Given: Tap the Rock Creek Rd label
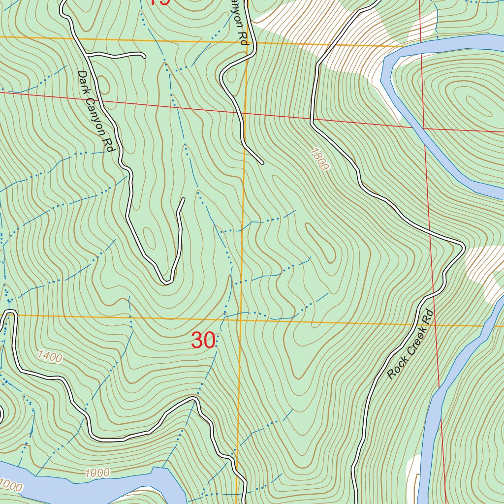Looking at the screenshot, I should [x=409, y=345].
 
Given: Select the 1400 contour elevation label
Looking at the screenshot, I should [x=50, y=356].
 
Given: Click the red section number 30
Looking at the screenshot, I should [x=203, y=341].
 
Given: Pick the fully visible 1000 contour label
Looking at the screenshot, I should [x=96, y=473].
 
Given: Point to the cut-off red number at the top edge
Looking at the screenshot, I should [x=160, y=2].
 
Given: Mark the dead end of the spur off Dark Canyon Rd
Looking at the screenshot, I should [x=144, y=57].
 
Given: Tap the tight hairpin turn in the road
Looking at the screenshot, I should [x=167, y=282].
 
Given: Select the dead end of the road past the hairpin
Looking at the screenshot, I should [x=183, y=199].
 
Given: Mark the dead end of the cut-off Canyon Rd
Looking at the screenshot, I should [x=262, y=162].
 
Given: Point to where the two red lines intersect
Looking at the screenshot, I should [x=423, y=128].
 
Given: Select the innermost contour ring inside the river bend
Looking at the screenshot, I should [x=465, y=98].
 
